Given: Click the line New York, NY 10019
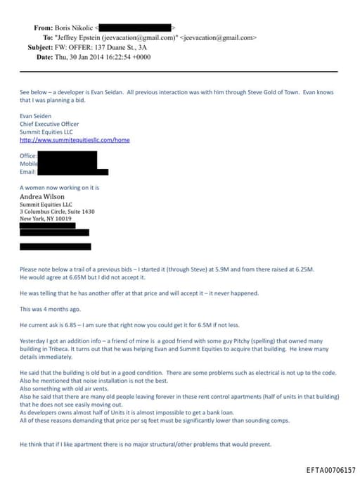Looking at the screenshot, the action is click(46, 219).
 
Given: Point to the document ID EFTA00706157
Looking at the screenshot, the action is click(330, 469).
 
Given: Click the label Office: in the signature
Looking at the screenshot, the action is click(28, 155).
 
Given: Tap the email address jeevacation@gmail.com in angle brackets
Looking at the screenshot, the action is click(220, 37).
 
